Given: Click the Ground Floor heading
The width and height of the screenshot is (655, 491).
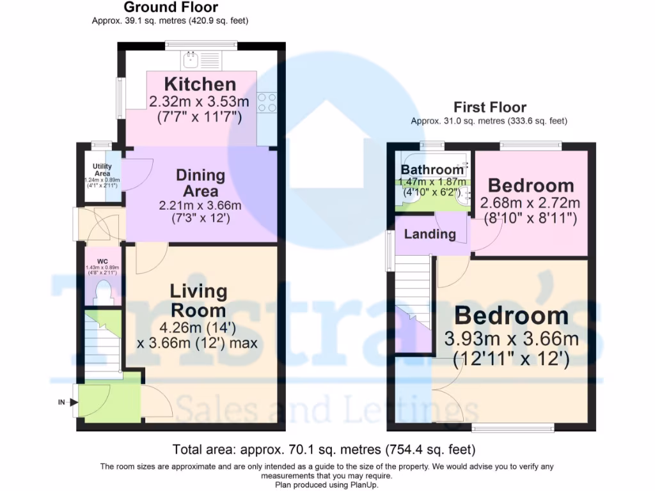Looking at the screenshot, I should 170,8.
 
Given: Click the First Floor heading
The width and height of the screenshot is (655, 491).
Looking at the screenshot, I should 490,107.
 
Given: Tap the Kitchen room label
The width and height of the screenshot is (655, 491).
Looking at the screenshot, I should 200,84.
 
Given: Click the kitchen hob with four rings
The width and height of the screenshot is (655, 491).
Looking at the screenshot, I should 267,102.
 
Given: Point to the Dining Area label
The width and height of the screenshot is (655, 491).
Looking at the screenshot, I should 201,183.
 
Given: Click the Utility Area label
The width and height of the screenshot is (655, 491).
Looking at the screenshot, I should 102,169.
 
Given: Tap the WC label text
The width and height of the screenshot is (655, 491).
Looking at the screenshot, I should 102,261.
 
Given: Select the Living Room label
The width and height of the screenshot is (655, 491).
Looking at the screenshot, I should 198,300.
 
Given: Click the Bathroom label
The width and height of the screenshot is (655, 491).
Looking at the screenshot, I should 432,169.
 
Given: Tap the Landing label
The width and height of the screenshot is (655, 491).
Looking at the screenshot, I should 430,234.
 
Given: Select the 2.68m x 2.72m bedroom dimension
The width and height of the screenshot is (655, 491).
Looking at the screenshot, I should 530,203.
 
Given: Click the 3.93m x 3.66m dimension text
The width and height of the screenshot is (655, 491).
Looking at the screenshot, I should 511,338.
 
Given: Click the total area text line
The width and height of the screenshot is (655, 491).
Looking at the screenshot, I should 324,449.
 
